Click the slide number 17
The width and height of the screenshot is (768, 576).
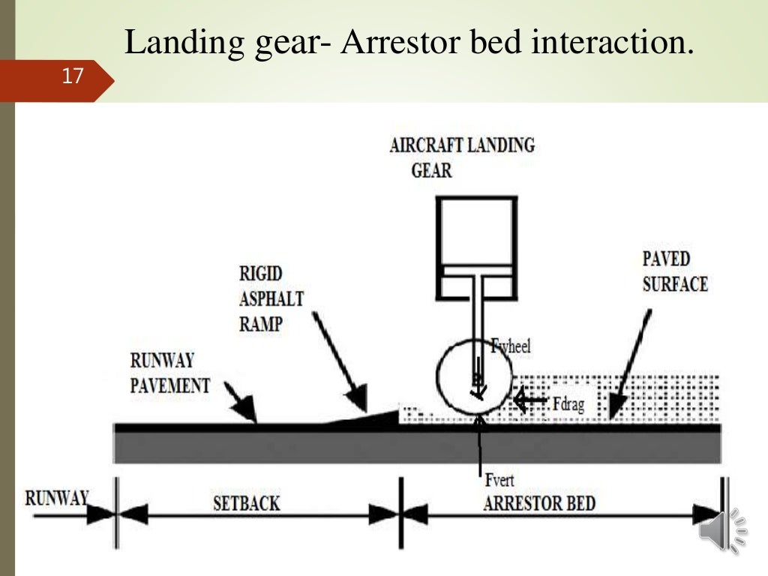pyautogui.click(x=72, y=76)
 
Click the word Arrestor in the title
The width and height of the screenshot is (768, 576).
pyautogui.click(x=400, y=43)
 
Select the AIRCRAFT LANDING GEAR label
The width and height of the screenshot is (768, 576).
pyautogui.click(x=461, y=157)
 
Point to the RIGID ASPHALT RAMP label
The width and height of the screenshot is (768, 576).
pyautogui.click(x=271, y=298)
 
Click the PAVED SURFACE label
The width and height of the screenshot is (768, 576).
pyautogui.click(x=674, y=271)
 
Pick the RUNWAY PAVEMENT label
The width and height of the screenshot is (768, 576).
pyautogui.click(x=169, y=373)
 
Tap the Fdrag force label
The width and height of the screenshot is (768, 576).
pyautogui.click(x=568, y=405)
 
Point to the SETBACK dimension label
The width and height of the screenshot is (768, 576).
pyautogui.click(x=245, y=502)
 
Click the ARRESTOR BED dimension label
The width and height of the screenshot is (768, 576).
pyautogui.click(x=539, y=502)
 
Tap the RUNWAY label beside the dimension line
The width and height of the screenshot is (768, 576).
pyautogui.click(x=56, y=498)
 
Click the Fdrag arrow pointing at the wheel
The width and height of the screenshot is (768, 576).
pyautogui.click(x=530, y=401)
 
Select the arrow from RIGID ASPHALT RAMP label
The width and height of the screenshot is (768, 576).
pyautogui.click(x=341, y=363)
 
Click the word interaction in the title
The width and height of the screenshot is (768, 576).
pyautogui.click(x=610, y=43)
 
